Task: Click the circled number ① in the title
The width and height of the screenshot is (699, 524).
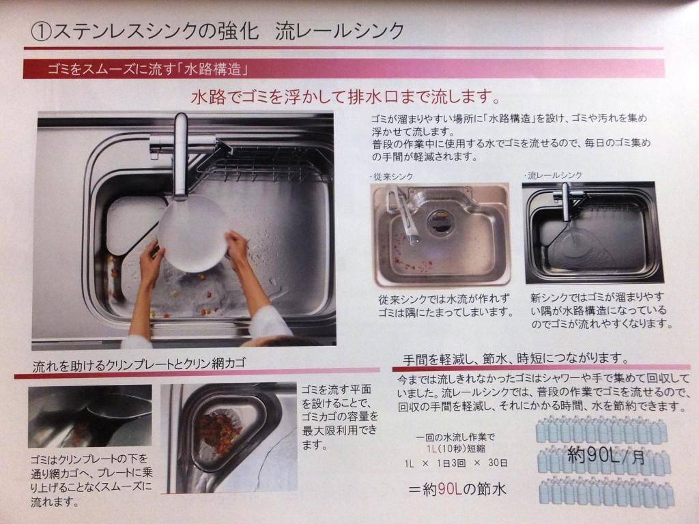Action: (x=41, y=32)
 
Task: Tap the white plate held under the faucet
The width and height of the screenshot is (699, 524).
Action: (x=192, y=234)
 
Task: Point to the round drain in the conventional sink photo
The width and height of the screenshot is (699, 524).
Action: (x=440, y=222)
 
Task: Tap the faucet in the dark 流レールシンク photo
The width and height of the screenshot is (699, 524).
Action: (x=566, y=200)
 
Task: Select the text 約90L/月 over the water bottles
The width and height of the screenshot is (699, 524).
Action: (x=606, y=455)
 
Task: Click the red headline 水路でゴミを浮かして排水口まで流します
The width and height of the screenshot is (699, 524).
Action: (x=346, y=97)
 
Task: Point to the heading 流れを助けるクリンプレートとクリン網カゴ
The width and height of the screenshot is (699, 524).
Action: (x=139, y=365)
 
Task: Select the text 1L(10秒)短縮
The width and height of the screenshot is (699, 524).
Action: (x=455, y=449)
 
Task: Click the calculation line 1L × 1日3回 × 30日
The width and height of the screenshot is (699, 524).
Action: (x=455, y=463)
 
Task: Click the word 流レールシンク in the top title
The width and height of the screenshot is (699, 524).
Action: (x=340, y=31)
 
